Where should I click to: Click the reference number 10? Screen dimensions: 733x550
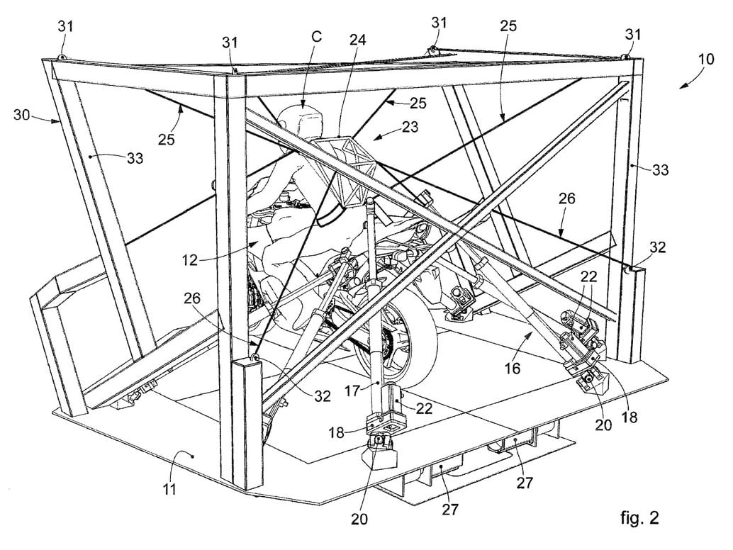click(x=706, y=60)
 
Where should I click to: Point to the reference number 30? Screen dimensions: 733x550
click(x=22, y=115)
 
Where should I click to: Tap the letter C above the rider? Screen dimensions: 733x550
click(x=316, y=37)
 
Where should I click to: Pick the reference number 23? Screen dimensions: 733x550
click(x=410, y=127)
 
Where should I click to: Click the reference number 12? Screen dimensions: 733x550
click(x=190, y=259)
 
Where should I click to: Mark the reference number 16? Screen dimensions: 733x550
click(x=513, y=369)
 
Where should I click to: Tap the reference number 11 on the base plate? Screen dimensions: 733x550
click(x=169, y=489)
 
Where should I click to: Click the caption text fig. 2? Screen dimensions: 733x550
click(x=639, y=517)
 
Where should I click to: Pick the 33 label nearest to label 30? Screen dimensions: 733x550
click(x=135, y=159)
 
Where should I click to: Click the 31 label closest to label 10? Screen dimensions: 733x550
click(x=634, y=35)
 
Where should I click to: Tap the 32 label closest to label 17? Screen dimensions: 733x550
click(x=323, y=396)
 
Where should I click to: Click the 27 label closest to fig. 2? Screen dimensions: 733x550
click(x=524, y=482)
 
